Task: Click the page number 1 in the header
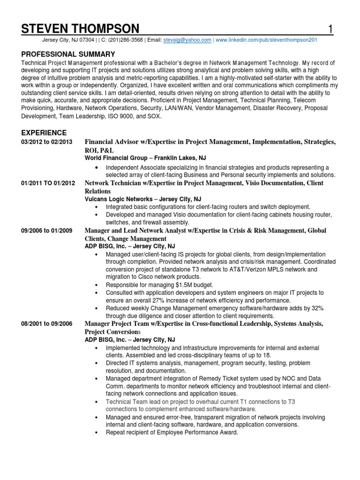(330, 29)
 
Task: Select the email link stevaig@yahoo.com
(187, 40)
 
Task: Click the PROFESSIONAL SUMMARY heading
(68, 54)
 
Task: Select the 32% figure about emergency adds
(316, 308)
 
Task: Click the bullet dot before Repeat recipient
(96, 433)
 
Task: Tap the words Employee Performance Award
(201, 433)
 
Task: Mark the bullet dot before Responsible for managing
(96, 285)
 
